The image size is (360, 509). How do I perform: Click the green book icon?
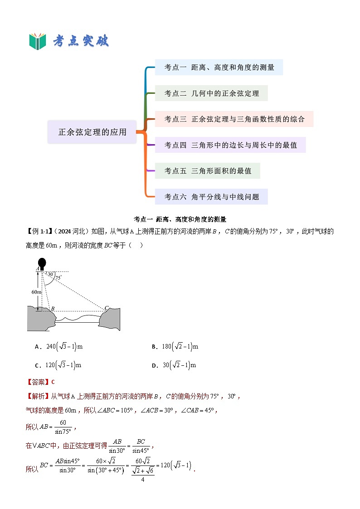pos(38,41)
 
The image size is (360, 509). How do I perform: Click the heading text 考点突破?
pos(81,41)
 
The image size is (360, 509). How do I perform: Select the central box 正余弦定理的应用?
pos(92,132)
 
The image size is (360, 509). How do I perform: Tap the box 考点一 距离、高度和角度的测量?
pos(219,68)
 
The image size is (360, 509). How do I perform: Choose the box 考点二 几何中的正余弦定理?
pos(211,93)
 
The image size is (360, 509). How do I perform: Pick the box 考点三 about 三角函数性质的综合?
pos(234,119)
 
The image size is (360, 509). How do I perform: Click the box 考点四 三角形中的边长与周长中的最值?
pos(230,145)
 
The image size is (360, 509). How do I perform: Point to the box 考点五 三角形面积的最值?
pos(207,171)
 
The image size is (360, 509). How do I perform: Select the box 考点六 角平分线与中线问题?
pos(211,197)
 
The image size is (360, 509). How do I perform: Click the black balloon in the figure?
pos(42,263)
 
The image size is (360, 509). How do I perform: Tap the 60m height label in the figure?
pos(36,292)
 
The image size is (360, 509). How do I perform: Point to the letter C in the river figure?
pos(107,308)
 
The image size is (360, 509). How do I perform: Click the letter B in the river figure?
pos(53,309)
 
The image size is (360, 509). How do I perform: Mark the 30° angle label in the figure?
pos(50,274)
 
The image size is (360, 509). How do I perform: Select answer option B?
pos(175,347)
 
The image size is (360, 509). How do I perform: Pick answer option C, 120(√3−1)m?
pos(58,365)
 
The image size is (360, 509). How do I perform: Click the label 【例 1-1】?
pos(39,232)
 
